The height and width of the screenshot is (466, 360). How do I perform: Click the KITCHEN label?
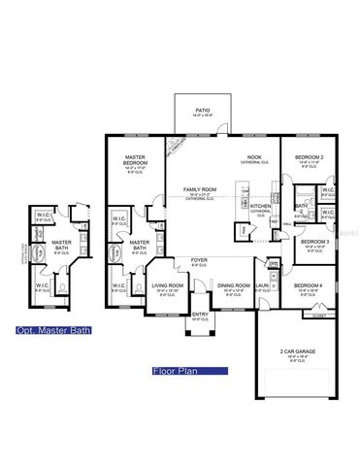click(261, 207)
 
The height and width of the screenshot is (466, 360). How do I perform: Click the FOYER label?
click(199, 260)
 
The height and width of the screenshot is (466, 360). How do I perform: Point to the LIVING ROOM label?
click(168, 287)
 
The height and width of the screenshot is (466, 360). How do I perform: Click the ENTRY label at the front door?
click(200, 315)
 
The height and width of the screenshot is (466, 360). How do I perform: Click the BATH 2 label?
click(302, 206)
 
